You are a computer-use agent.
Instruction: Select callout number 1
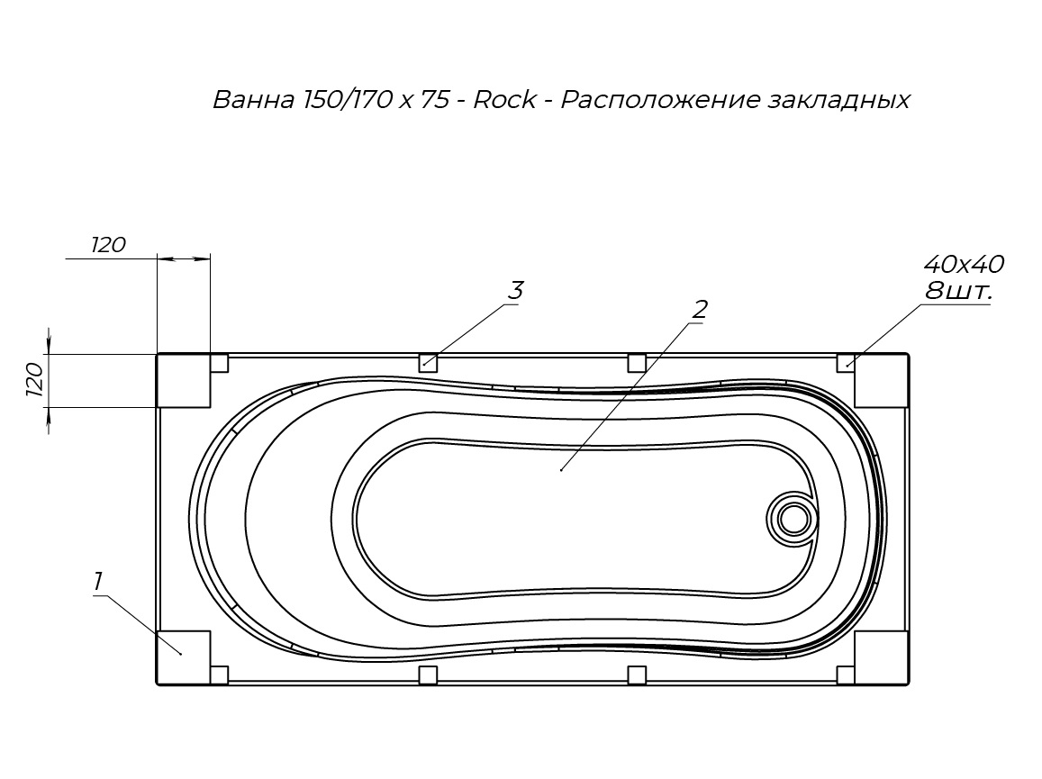pyautogui.click(x=97, y=582)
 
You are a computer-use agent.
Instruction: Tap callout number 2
pyautogui.click(x=700, y=309)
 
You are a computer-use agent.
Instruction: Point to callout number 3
pyautogui.click(x=516, y=291)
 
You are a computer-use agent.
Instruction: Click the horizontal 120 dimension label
pyautogui.click(x=108, y=245)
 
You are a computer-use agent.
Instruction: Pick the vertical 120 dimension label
pyautogui.click(x=34, y=380)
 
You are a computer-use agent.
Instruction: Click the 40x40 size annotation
pyautogui.click(x=964, y=265)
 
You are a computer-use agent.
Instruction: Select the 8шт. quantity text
pyautogui.click(x=959, y=291)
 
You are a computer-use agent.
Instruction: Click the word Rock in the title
pyautogui.click(x=504, y=100)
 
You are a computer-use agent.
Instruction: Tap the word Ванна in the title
pyautogui.click(x=253, y=100)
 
